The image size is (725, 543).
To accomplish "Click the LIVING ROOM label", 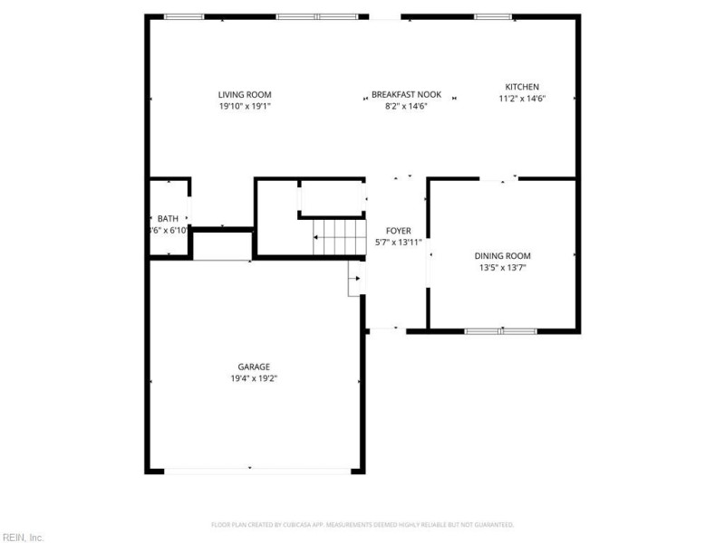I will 245,95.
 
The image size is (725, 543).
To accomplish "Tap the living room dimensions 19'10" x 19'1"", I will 245,106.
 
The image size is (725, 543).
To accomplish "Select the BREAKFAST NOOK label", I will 406,95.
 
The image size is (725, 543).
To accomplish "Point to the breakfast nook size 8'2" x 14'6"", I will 406,106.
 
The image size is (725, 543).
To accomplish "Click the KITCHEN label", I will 522,87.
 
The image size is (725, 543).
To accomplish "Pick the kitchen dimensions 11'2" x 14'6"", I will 522,99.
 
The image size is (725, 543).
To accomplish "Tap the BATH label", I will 168,219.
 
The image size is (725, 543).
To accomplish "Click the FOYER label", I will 399,231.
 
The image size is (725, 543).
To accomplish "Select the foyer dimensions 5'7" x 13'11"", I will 399,243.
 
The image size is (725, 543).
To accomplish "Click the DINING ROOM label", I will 503,256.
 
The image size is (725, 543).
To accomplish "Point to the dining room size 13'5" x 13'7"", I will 503,268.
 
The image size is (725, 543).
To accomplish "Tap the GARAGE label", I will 254,367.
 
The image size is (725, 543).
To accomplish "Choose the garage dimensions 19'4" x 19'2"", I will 254,378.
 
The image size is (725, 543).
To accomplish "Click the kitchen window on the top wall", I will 493,16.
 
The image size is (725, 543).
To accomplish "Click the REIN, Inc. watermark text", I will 23,537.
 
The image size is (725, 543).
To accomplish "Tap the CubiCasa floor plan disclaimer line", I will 362,524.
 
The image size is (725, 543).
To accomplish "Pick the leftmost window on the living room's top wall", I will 183,16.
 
